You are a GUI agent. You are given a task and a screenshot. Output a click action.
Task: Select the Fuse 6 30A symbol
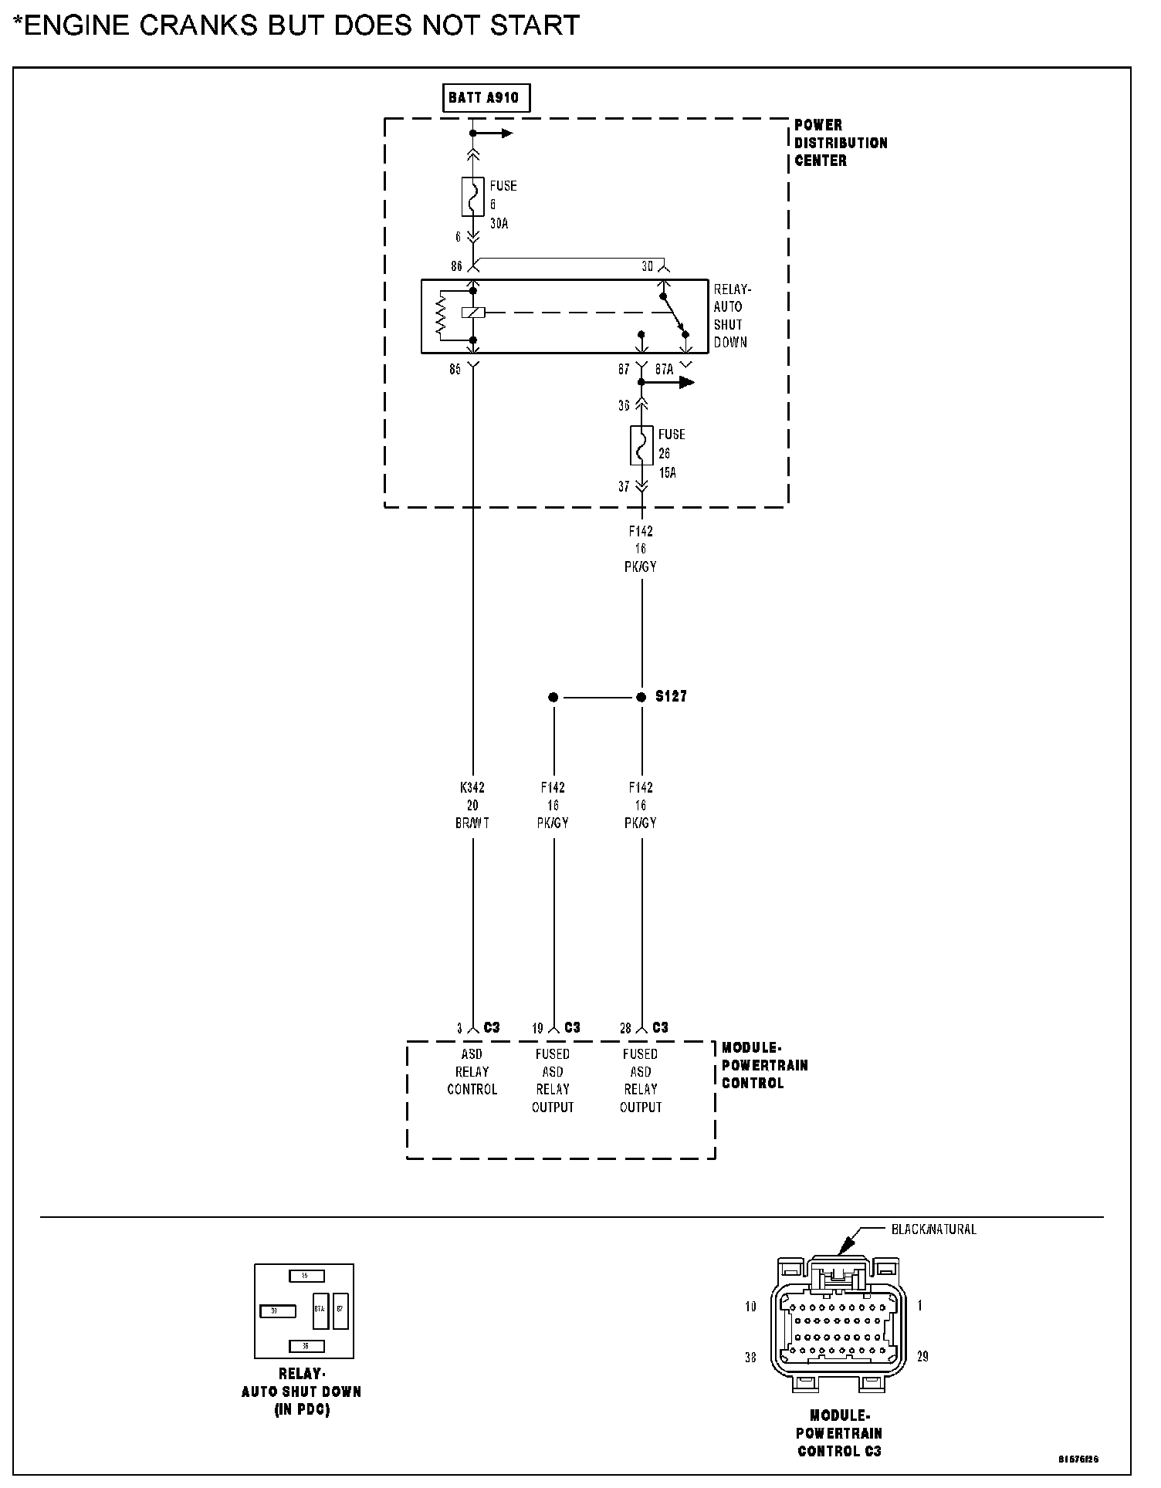coord(473,198)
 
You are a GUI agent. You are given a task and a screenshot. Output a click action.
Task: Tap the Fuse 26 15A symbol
coord(641,445)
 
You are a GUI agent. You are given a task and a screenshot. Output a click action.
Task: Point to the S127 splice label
coord(671,697)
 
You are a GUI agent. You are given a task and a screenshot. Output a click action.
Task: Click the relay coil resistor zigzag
coord(442,315)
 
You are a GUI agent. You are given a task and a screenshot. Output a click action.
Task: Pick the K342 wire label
coord(472,788)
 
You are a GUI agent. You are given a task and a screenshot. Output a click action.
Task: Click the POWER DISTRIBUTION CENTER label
coord(841,143)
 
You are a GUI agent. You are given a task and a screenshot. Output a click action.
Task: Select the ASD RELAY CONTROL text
coord(472,1072)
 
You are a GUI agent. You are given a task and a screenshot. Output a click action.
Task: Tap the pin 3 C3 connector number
coord(459,1029)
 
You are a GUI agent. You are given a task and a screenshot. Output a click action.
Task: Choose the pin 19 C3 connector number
coord(537,1029)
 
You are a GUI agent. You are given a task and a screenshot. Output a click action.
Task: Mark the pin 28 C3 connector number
coord(625,1029)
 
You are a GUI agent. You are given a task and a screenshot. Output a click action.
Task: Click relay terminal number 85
coord(455,370)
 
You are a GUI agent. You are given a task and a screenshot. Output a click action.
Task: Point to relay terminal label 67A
coord(664,370)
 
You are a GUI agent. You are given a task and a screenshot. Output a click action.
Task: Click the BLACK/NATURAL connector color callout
coord(933,1229)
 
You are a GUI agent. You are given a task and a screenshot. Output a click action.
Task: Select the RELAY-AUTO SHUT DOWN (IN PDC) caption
coord(301,1392)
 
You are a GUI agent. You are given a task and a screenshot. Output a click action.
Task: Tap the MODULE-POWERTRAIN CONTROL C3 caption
coord(840,1433)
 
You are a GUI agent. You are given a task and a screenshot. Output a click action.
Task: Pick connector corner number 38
coord(750,1358)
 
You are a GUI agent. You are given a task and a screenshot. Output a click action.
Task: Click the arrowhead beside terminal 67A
coord(686,383)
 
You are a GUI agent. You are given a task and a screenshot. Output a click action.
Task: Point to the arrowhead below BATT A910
coord(506,134)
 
